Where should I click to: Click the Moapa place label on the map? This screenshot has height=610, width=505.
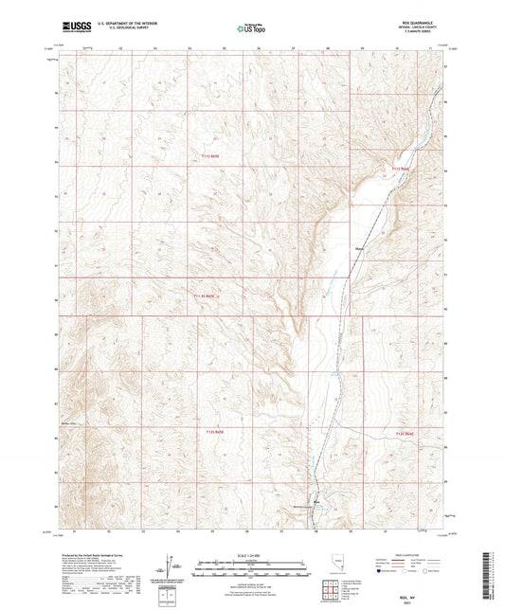(x=360, y=250)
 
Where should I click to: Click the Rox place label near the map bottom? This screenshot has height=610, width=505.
(x=316, y=501)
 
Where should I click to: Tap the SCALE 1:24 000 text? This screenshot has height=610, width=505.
(x=252, y=555)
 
